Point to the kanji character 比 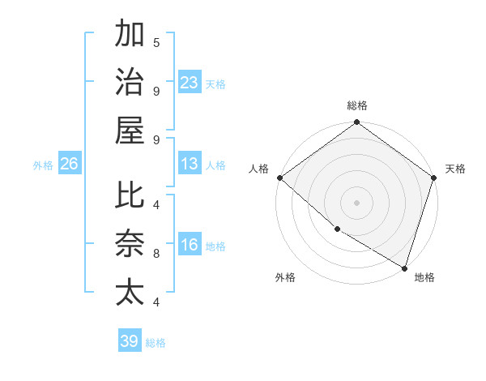(130, 195)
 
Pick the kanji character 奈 (130, 243)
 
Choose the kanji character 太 (130, 291)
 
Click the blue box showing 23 (190, 83)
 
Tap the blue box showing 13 (190, 164)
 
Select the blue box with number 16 (190, 246)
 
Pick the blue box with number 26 (69, 164)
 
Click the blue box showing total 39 (130, 341)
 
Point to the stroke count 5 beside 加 (156, 42)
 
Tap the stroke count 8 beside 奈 (156, 254)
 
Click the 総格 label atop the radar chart (357, 105)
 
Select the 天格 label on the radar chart (455, 169)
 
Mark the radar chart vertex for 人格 (279, 178)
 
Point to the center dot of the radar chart (357, 202)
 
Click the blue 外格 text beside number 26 (43, 165)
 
